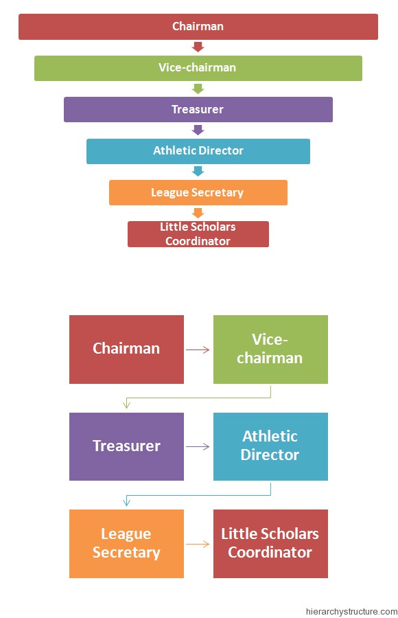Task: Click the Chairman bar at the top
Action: [x=198, y=27]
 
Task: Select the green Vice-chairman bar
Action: [x=198, y=68]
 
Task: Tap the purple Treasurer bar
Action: [x=198, y=109]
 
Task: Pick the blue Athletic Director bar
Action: [x=198, y=151]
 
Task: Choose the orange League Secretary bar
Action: [x=198, y=192]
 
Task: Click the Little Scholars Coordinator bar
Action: [x=198, y=233]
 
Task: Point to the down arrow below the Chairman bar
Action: [x=198, y=47]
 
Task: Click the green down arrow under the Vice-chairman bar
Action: [x=198, y=89]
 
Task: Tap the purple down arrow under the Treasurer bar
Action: [x=198, y=130]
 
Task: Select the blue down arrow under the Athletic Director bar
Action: [x=198, y=171]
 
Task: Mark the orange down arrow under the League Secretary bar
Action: [x=198, y=213]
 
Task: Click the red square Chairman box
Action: [x=126, y=349]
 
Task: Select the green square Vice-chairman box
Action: [x=270, y=349]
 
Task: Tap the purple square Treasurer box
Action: [x=126, y=446]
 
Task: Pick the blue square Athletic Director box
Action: [x=270, y=446]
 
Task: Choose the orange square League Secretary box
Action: [x=126, y=543]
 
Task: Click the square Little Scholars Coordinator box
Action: [x=270, y=543]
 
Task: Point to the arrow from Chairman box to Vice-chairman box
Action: [x=198, y=350]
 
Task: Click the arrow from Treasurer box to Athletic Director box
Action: [x=198, y=447]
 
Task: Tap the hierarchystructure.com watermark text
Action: [x=351, y=611]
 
